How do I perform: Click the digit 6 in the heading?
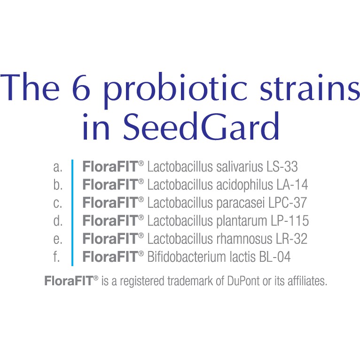point(81,88)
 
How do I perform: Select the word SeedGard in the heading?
point(201,126)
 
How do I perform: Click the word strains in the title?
point(310,88)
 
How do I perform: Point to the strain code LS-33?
point(282,166)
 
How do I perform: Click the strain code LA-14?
point(292,185)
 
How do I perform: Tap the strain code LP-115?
point(290,220)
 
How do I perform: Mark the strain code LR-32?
point(291,239)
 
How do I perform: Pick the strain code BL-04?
point(275,257)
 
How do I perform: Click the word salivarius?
point(239,166)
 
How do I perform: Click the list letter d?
point(58,220)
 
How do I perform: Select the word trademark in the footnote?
point(190,281)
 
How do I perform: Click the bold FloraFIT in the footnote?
point(69,281)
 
